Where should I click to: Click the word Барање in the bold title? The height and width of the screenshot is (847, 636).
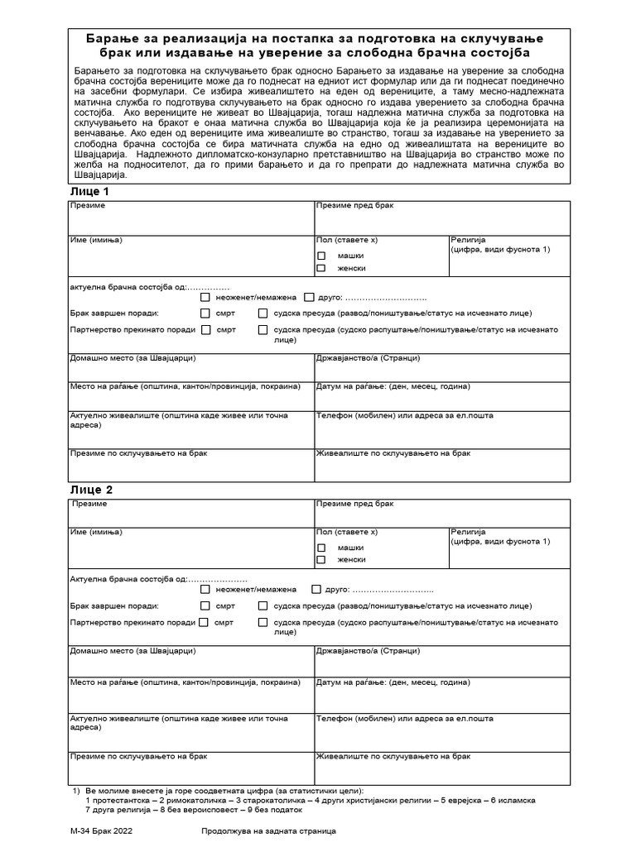coord(117,39)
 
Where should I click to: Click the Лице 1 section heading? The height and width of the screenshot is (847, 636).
coord(90,191)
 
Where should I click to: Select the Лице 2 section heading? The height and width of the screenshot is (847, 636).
coord(90,490)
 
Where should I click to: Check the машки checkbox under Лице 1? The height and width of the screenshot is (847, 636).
coord(321,256)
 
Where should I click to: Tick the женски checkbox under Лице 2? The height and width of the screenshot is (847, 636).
coord(321,560)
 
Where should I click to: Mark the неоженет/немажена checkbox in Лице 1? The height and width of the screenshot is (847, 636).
coord(205,297)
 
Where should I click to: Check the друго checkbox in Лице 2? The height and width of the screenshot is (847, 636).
coord(316,590)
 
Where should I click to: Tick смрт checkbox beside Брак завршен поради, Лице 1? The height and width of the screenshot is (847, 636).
coord(205,313)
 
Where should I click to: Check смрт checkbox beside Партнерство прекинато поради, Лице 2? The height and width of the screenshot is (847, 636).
coord(205,621)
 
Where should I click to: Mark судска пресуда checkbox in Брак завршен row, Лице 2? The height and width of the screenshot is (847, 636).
coord(263,605)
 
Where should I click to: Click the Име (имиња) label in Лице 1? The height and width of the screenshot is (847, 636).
coord(96,240)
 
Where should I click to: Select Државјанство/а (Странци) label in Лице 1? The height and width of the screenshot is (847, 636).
coord(369,358)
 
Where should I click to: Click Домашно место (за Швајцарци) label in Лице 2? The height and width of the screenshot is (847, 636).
coord(133,652)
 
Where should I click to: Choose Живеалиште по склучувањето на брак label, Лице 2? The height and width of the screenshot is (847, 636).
coord(393,756)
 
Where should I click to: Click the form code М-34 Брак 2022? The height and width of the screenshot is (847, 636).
coord(104,831)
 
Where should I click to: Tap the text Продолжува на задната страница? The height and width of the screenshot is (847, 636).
coord(268,831)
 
